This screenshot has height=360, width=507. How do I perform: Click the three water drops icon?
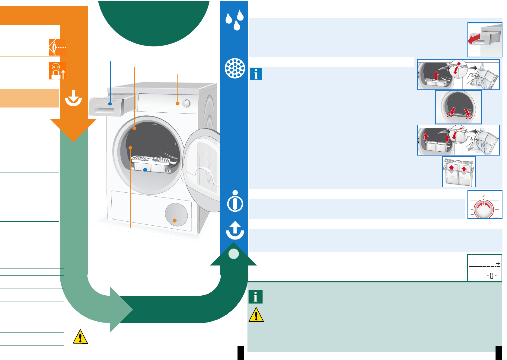point(235,20)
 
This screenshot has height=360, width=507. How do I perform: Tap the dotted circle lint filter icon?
point(235,68)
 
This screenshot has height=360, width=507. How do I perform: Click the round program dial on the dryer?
point(187,103)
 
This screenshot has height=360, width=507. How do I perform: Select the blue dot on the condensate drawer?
point(110,104)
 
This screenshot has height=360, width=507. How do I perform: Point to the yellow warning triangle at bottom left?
point(80,337)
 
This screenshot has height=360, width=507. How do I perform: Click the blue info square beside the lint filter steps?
point(256,74)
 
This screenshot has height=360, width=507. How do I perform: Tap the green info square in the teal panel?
point(256,297)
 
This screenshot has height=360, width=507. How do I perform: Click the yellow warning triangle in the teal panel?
point(256,315)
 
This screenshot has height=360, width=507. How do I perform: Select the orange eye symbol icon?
point(57,47)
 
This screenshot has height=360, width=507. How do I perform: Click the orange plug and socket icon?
point(57,71)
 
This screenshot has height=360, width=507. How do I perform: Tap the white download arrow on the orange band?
point(73,98)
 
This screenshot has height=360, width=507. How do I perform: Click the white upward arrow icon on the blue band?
point(235,230)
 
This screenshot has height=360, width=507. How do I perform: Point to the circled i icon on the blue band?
point(235,201)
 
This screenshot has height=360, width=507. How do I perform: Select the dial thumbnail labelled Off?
point(485,205)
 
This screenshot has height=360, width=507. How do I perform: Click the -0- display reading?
point(491,276)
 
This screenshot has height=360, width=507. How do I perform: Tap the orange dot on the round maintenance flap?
point(175,220)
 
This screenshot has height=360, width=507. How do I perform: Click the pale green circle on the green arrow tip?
point(234,254)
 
